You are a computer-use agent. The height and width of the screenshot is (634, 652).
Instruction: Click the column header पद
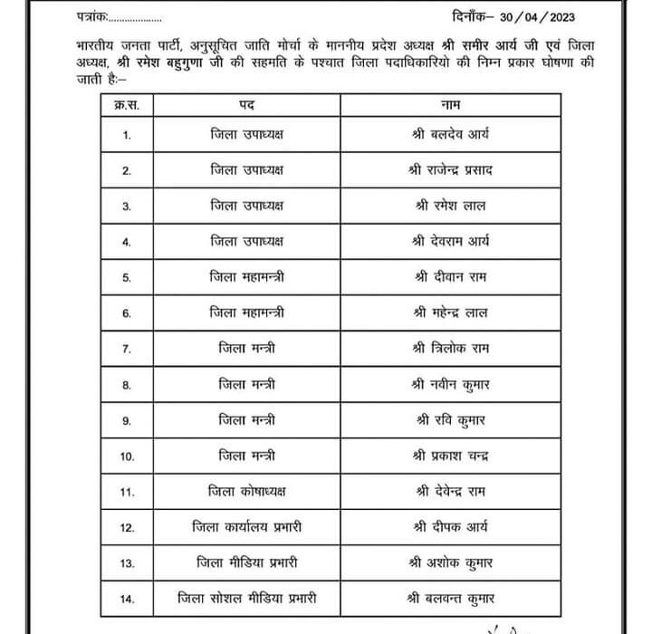click(246, 105)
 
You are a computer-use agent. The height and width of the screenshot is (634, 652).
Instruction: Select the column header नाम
click(450, 105)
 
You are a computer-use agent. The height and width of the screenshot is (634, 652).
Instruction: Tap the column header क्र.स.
click(127, 105)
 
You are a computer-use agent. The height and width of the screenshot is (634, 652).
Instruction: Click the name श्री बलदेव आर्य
click(450, 135)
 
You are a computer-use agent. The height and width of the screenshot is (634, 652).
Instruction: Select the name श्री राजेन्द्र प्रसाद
click(450, 170)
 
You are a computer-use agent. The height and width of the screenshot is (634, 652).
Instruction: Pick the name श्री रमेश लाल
click(450, 206)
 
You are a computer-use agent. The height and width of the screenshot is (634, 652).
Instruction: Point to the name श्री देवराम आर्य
click(450, 242)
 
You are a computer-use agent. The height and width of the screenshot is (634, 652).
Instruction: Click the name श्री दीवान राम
click(450, 277)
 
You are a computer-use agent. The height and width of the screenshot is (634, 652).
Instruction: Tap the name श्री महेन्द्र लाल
click(450, 313)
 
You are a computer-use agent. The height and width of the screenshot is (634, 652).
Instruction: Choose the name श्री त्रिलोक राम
click(450, 349)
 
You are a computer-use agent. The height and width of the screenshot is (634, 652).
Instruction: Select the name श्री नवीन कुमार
click(450, 385)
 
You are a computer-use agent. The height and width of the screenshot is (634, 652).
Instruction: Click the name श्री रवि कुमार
click(450, 420)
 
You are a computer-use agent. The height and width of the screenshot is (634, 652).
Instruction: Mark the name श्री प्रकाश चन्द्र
click(450, 456)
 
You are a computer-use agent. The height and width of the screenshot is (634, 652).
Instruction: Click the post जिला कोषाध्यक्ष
click(246, 492)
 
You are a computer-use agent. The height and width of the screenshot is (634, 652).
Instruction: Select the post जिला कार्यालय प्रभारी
click(246, 527)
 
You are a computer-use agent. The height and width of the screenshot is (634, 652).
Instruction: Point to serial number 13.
click(127, 563)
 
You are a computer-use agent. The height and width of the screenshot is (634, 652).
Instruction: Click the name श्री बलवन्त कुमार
click(450, 599)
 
